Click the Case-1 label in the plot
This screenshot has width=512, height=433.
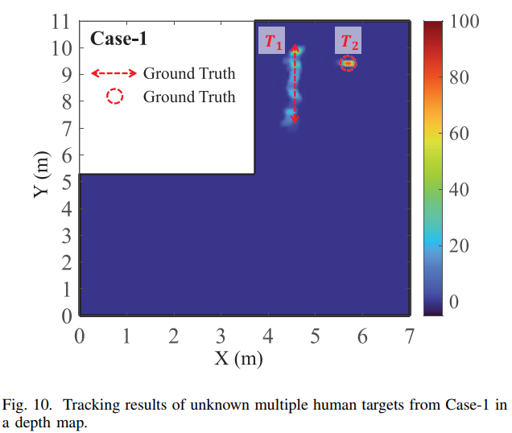[x=118, y=39]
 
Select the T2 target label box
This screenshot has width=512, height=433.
[x=348, y=40]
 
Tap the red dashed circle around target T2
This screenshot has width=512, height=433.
[x=348, y=63]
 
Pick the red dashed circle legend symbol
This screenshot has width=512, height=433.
[x=114, y=97]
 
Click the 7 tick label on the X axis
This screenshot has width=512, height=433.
[x=410, y=335]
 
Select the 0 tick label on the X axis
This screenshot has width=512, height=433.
[x=79, y=335]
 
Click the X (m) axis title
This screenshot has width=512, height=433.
[x=238, y=358]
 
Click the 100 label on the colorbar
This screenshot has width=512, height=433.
[x=463, y=23]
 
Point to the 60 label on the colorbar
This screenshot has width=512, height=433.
[x=457, y=134]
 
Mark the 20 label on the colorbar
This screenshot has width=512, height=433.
[x=457, y=246]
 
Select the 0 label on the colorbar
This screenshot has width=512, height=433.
[x=452, y=302]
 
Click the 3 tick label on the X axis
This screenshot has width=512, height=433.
[x=221, y=335]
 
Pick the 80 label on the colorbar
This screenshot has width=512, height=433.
[x=457, y=79]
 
